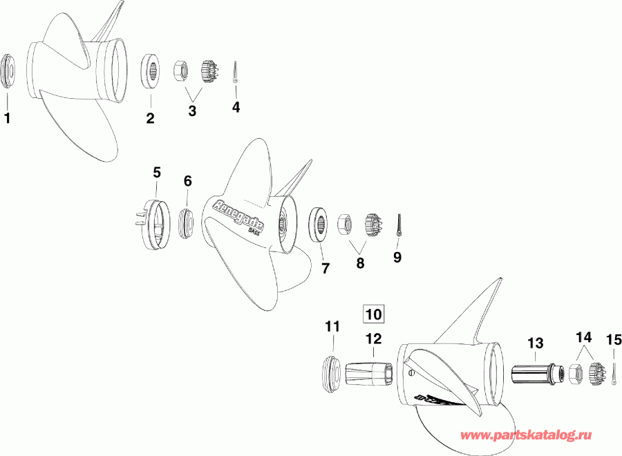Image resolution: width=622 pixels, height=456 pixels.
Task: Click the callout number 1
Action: click(8, 118)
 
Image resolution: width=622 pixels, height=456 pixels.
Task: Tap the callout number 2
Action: click(150, 118)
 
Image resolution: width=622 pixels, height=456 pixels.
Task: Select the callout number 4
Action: click(236, 107)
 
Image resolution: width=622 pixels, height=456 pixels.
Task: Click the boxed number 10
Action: click(373, 314)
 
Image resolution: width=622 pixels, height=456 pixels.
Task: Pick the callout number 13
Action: click(536, 342)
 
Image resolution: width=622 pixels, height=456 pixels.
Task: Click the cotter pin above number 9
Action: click(399, 224)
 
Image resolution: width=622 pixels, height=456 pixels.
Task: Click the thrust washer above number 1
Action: click(10, 70)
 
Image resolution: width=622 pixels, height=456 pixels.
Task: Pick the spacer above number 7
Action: click(319, 223)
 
